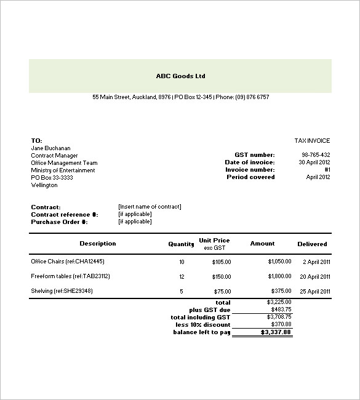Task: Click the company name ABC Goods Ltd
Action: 180,76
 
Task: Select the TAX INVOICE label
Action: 313,141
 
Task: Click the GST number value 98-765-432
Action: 316,155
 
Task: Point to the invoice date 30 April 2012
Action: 314,162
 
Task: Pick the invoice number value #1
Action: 327,170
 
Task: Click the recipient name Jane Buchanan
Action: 50,148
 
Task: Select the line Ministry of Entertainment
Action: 63,170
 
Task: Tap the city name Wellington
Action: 44,185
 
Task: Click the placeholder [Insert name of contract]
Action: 150,207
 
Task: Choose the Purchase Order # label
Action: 59,222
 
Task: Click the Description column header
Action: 97,244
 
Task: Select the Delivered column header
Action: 312,244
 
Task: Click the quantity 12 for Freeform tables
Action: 181,277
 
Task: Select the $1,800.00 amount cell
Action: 279,277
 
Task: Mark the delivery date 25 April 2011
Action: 316,292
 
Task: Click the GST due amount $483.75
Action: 280,310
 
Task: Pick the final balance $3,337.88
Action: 276,332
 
